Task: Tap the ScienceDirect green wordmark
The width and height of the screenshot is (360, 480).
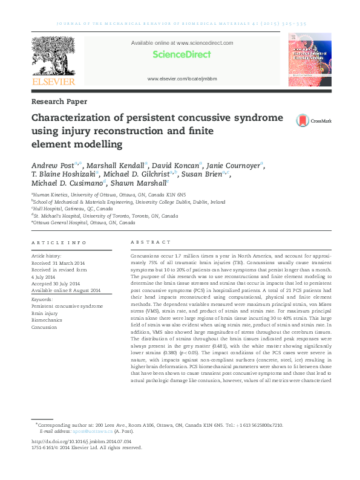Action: (x=182, y=54)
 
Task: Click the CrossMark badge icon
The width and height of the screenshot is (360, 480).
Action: (x=303, y=121)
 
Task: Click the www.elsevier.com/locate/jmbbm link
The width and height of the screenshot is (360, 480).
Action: (x=182, y=79)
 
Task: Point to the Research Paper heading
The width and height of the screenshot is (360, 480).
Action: (x=59, y=102)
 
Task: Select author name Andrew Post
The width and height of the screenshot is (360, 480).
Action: (x=51, y=165)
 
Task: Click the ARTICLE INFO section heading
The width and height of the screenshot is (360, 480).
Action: (x=59, y=242)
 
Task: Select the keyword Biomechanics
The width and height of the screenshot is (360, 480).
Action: (x=48, y=320)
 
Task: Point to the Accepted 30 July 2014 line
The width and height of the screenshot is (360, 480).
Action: (x=56, y=284)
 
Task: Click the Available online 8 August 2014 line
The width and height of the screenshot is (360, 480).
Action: (x=67, y=291)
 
